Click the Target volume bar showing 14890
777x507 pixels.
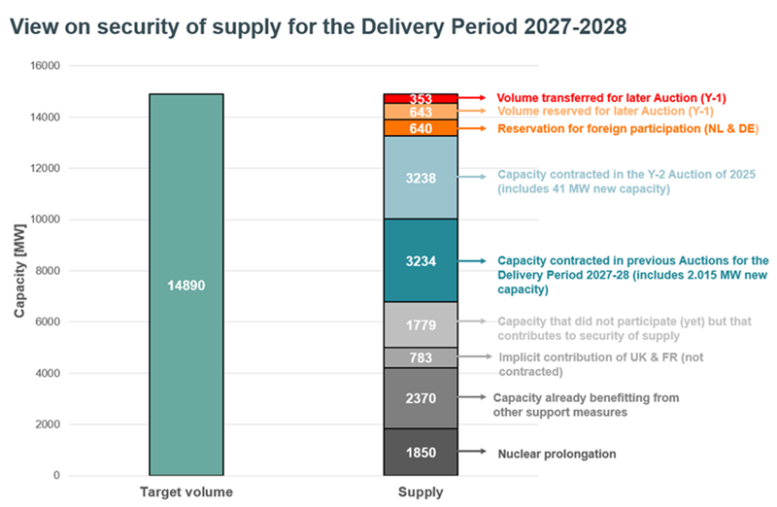(x=186, y=285)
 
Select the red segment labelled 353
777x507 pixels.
(x=421, y=98)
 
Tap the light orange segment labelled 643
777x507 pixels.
(x=421, y=112)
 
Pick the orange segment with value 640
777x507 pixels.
(x=421, y=128)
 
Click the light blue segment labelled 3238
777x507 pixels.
(x=421, y=177)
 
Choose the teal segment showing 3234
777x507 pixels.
(x=421, y=260)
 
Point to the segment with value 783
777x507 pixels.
(x=421, y=357)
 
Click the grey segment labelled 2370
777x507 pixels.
(x=421, y=397)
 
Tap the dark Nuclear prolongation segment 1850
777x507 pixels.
(x=421, y=452)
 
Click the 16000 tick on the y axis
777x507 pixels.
(x=45, y=66)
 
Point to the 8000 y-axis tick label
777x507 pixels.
(x=48, y=271)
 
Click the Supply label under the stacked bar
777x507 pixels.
(x=421, y=492)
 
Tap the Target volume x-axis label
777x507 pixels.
(x=186, y=492)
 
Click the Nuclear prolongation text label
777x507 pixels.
(x=557, y=454)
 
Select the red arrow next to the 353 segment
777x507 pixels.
(x=472, y=98)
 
